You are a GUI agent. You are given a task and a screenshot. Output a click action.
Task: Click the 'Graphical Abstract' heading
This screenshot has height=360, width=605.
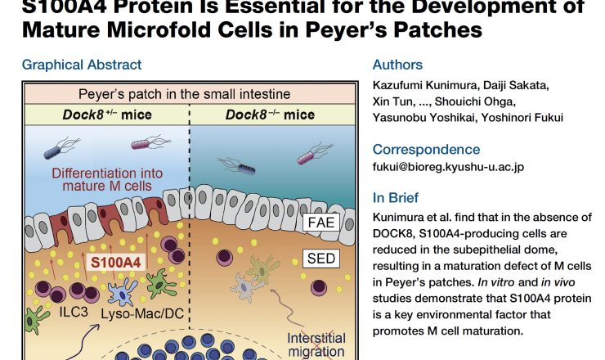82,65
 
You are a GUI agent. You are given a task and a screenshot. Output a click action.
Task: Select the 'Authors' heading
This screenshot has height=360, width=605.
398,65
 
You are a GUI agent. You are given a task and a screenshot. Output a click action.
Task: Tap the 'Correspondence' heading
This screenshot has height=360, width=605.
426,149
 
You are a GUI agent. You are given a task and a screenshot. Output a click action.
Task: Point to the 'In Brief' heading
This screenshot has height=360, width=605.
397,197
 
